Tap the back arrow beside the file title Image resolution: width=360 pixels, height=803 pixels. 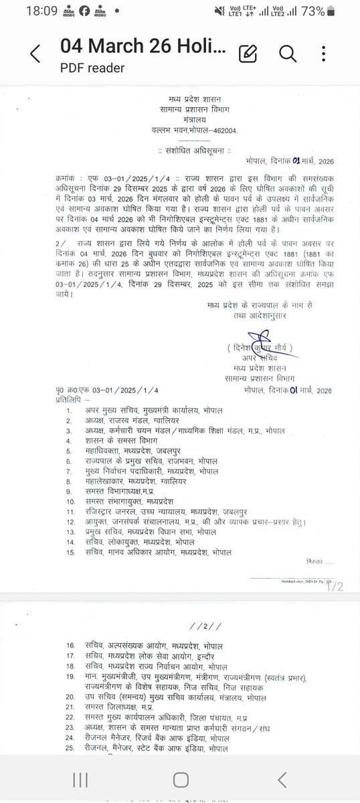(x=35, y=53)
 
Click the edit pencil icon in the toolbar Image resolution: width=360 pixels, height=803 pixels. (x=248, y=53)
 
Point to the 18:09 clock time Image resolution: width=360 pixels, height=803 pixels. (x=25, y=11)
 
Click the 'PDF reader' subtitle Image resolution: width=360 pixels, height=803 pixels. (x=92, y=67)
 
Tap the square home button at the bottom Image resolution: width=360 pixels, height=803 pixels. (x=181, y=780)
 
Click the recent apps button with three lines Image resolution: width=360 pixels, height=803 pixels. (x=80, y=780)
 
